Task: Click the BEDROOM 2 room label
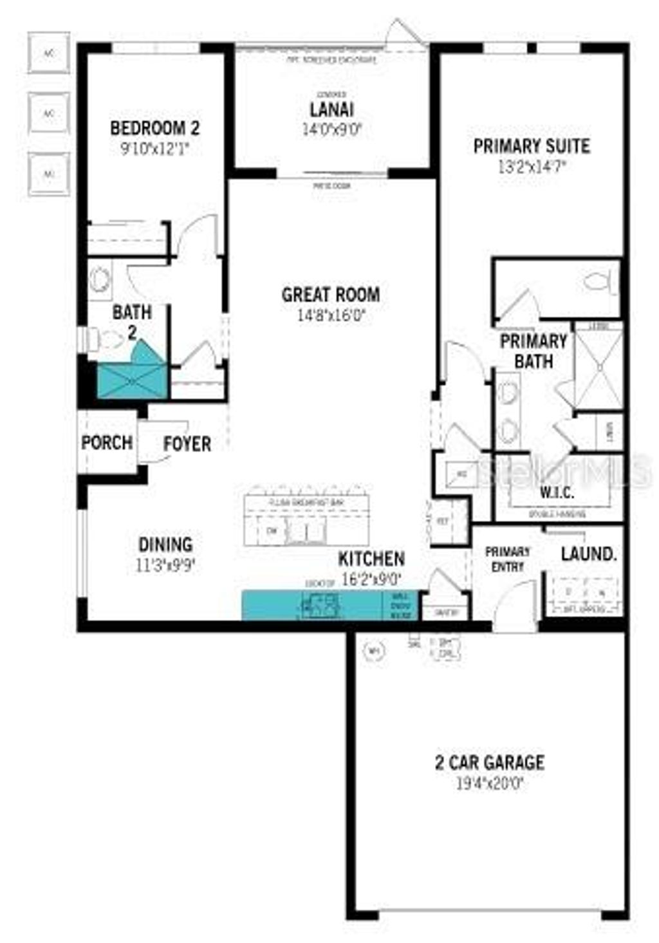[x=154, y=128]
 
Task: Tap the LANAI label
[x=331, y=109]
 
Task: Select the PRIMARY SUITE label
[x=532, y=146]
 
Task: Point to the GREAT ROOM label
[x=331, y=295]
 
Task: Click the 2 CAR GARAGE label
[x=490, y=763]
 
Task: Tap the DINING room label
[x=165, y=545]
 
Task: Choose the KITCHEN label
[x=371, y=559]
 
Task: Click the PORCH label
[x=107, y=443]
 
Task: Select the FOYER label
[x=187, y=443]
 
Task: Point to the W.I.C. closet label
[x=557, y=492]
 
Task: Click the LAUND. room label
[x=588, y=554]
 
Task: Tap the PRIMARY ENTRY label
[x=508, y=559]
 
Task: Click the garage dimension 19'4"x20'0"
[x=490, y=784]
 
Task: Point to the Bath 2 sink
[x=100, y=280]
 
